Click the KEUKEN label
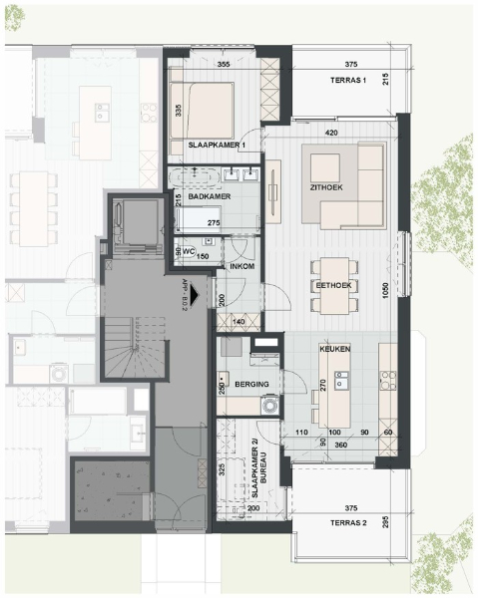click(333, 351)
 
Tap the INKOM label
click(243, 266)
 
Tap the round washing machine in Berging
click(267, 405)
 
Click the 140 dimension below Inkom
click(238, 321)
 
